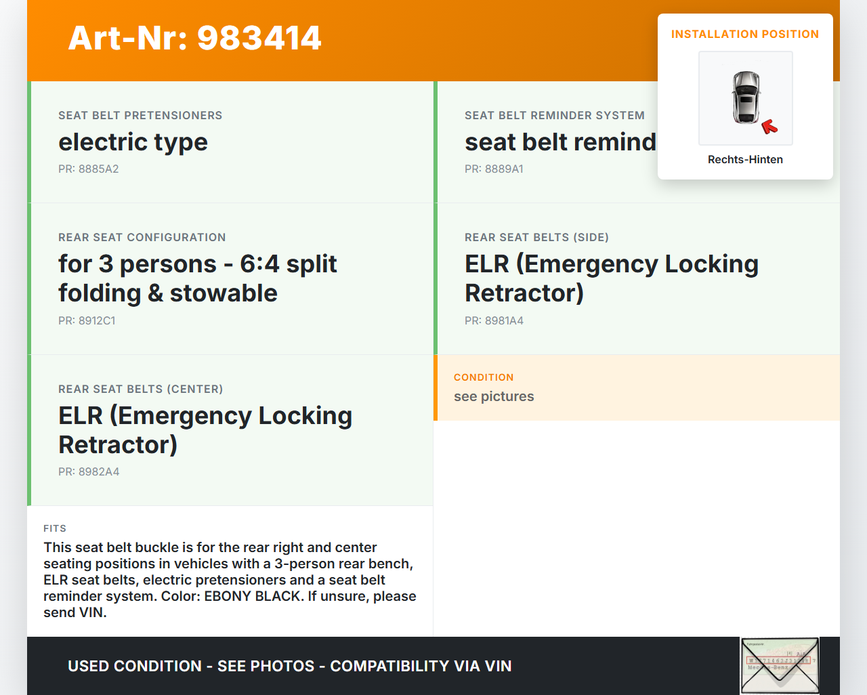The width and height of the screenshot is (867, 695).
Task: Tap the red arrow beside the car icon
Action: [x=769, y=126]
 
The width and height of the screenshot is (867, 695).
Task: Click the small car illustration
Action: [x=746, y=97]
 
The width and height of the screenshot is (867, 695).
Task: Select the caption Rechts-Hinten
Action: [x=745, y=160]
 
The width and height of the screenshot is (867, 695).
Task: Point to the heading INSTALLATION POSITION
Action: [x=745, y=35]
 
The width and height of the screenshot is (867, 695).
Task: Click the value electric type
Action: [x=133, y=142]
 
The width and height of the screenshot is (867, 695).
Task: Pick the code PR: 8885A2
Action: [x=88, y=169]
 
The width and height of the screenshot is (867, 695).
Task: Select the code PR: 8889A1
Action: [x=494, y=169]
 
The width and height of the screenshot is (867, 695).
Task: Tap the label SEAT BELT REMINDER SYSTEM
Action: [x=554, y=116]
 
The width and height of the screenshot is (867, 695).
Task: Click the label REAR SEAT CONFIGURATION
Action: [x=142, y=238]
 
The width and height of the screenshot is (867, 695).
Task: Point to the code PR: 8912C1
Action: [x=87, y=321]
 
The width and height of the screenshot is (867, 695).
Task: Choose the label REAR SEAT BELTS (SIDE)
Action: [x=536, y=238]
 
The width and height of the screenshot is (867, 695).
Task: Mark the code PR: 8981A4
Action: [x=494, y=321]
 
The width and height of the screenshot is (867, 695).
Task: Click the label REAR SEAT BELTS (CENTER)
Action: [x=140, y=389]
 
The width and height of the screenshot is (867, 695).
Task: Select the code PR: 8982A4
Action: [x=89, y=472]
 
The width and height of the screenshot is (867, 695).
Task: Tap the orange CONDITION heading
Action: [x=484, y=377]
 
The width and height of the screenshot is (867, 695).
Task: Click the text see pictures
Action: [x=494, y=397]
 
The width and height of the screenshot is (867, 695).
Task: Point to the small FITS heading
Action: [x=55, y=528]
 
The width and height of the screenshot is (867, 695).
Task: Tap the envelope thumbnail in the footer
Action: [x=780, y=666]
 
